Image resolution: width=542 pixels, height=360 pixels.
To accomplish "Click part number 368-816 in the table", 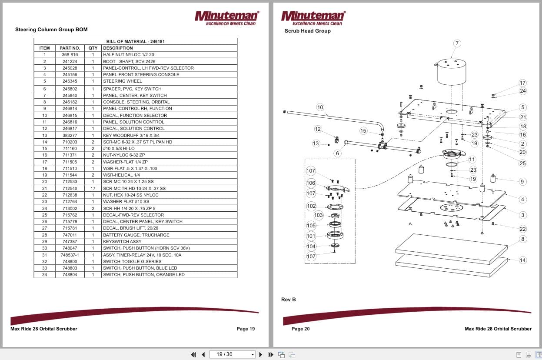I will pos(70,55).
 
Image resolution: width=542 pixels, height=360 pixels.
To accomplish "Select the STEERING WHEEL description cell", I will pos(122,81).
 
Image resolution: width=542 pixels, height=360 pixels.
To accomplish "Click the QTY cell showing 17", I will pos(93,188).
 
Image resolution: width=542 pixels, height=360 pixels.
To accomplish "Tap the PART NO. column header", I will pos(70,48).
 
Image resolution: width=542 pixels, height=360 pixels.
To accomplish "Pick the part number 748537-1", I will pos(70,255).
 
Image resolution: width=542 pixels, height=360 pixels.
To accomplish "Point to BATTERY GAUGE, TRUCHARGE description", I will pos(136,235).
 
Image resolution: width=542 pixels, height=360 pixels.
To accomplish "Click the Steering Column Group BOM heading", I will pos(51,30).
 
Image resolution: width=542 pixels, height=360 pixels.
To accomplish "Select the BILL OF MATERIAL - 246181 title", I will pos(135,42).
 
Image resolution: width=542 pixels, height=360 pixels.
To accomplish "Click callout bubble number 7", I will pos(457,43).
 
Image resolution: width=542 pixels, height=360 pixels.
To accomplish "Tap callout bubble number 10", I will pos(320,107).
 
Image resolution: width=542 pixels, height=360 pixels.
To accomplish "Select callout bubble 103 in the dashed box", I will pos(319,215).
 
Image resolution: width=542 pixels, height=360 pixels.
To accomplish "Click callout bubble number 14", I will pos(522,260).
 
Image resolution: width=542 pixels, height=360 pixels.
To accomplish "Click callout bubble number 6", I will pos(337,153).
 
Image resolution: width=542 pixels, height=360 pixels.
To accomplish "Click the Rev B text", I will pos(289,300).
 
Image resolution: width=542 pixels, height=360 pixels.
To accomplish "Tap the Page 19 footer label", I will pos(246,329).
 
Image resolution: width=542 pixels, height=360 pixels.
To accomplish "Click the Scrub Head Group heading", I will pos(307,31).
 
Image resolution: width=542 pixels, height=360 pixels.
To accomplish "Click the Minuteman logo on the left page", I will pos(226,17).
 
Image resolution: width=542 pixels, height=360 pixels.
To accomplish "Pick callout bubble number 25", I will pos(522,163).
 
